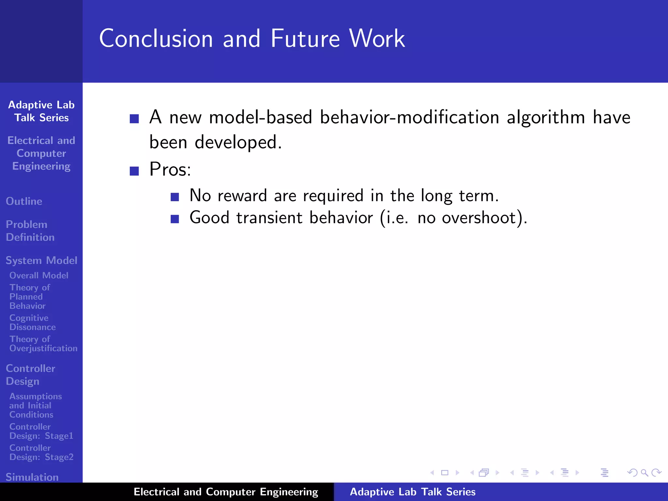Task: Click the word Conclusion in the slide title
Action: (x=156, y=38)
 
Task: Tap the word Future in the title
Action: (x=305, y=38)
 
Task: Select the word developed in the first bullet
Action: (x=238, y=143)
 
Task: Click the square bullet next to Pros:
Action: (x=134, y=171)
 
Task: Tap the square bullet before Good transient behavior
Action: (x=175, y=219)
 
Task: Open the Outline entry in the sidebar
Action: (x=24, y=201)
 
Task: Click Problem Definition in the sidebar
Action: (x=30, y=231)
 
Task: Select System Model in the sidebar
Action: (x=41, y=260)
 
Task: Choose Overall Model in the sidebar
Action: (x=39, y=275)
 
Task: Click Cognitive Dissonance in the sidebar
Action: (x=32, y=322)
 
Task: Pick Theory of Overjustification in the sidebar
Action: (x=43, y=344)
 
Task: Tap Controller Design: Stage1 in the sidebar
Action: (x=41, y=431)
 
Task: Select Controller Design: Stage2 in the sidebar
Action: (x=41, y=452)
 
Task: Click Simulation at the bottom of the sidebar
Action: (x=32, y=477)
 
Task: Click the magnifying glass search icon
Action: (x=644, y=473)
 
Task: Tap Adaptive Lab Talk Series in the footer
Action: (x=413, y=492)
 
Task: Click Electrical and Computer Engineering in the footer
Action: (x=226, y=492)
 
